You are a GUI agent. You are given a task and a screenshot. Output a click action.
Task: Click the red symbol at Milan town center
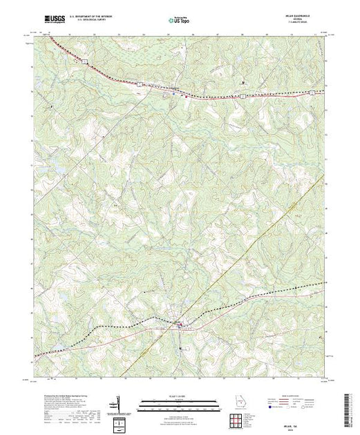click(181, 326)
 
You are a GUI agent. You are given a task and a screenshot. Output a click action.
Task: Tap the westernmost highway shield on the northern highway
click(83, 62)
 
